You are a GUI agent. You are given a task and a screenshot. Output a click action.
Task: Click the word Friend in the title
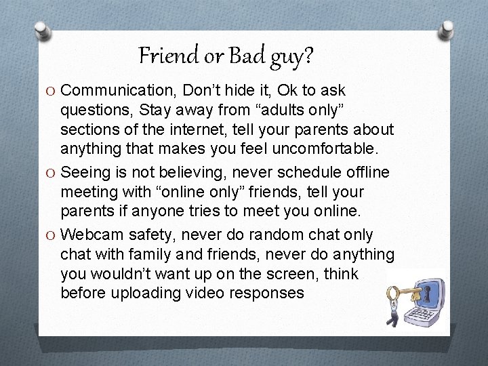167,55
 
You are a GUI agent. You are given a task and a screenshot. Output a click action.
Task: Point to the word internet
231,129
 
